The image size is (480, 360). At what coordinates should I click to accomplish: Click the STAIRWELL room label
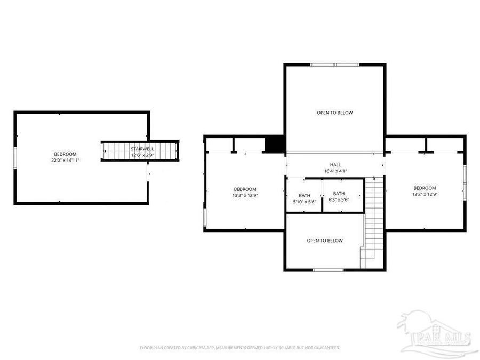[x=142, y=149]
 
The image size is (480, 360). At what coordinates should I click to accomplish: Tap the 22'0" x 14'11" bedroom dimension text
[x=65, y=160]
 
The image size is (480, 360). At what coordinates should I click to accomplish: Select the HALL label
[x=335, y=165]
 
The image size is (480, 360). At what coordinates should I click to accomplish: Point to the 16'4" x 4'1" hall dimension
[x=335, y=171]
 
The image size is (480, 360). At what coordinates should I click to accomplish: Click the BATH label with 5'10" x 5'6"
[x=305, y=195]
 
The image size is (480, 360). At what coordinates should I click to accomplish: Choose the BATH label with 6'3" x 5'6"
[x=339, y=194]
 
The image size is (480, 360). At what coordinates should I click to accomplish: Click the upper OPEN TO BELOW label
[x=335, y=113]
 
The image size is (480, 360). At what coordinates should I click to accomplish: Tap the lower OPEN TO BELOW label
[x=325, y=241]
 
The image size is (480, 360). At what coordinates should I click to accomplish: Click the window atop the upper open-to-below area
[x=335, y=65]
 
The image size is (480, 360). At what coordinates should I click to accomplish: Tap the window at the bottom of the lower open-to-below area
[x=328, y=270]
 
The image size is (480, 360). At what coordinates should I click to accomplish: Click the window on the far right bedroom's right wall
[x=465, y=181]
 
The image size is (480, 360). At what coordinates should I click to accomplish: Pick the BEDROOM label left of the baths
[x=245, y=189]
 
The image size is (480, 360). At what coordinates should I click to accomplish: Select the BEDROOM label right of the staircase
[x=425, y=188]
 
